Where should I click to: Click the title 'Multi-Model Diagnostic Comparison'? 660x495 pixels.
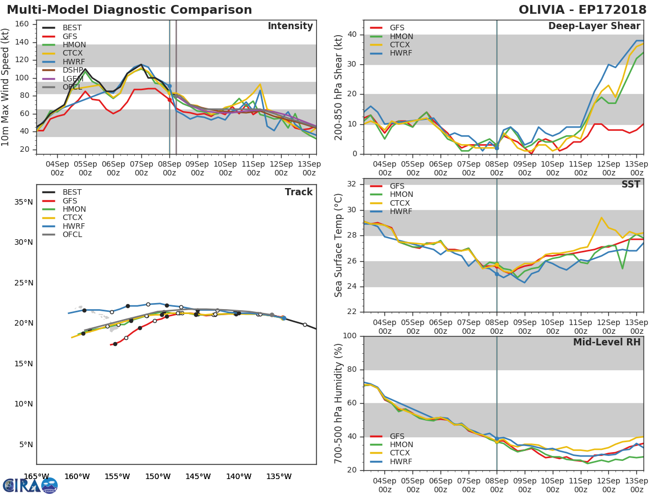129,10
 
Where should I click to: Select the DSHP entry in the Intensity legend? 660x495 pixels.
72,70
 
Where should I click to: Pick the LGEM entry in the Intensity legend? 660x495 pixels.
72,79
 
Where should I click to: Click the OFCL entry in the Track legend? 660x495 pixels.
72,234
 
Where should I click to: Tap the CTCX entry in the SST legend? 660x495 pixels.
402,203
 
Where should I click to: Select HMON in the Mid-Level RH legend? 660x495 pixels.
401,445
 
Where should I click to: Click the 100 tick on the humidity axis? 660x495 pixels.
350,336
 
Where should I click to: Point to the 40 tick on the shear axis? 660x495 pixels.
353,35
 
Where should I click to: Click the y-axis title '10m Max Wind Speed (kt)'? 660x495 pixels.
6,87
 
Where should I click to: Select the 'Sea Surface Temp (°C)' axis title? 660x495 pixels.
339,245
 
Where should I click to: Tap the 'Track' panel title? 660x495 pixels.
298,192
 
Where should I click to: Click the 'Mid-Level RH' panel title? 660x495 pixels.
607,342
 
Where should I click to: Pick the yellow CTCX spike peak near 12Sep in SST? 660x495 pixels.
601,217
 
